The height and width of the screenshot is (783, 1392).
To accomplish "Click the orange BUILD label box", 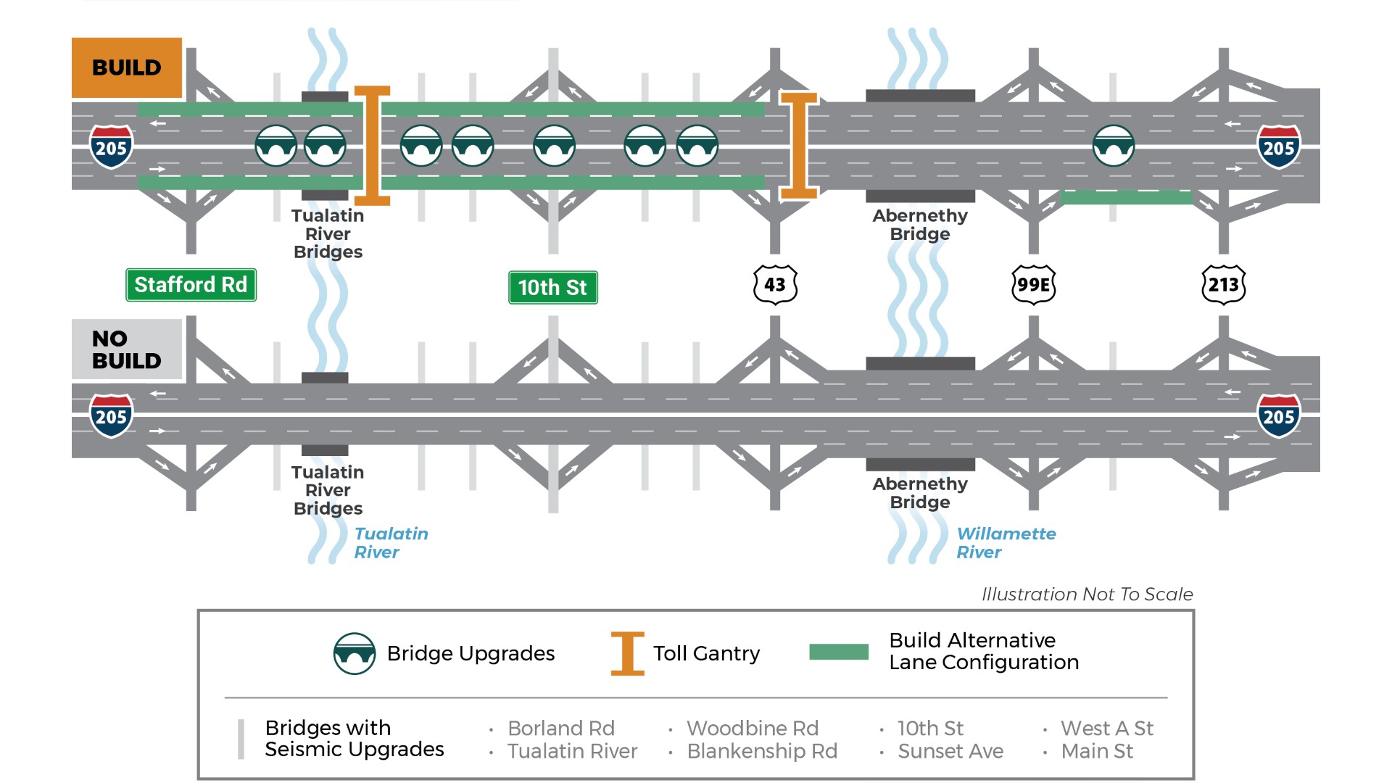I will coord(127,67).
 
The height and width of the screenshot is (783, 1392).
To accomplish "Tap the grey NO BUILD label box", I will coord(127,349).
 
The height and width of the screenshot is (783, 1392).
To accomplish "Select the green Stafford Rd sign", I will coord(191,285).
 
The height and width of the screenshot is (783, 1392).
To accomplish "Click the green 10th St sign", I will coord(552,288).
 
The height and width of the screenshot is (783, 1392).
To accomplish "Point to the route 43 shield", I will coord(775,284).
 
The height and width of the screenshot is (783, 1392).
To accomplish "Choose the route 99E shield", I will coord(1033,284).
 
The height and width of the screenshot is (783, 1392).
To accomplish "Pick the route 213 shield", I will coord(1223,284).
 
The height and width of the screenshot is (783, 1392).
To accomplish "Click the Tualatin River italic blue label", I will coord(391,543).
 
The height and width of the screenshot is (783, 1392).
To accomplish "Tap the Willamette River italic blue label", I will coord(1006,543).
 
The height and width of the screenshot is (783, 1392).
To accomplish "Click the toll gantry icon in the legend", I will coord(627,653).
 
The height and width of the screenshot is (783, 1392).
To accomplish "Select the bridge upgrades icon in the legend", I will coord(355,653).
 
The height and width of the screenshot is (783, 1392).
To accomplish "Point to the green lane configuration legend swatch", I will coord(839,652).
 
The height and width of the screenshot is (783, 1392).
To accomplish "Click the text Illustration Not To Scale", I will coord(1087,594).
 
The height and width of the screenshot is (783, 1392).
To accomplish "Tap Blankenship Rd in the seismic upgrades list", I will coord(762,751).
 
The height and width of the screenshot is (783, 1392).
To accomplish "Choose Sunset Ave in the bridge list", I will coord(950,751).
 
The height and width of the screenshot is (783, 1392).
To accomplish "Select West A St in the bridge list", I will coord(1107,728).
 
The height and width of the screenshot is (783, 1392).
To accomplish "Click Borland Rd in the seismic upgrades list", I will coord(561,728).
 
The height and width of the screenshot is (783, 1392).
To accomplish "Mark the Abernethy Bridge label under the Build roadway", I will coord(920,225).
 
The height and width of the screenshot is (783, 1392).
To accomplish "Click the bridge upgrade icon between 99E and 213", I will coord(1113,146).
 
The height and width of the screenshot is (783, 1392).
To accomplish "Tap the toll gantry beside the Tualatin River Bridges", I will coord(372,146).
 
